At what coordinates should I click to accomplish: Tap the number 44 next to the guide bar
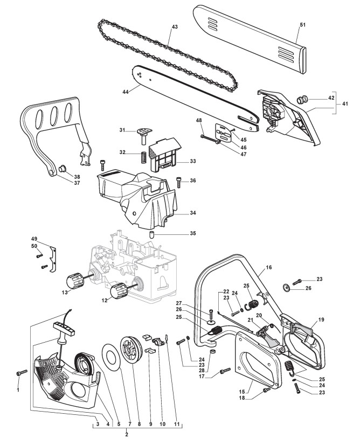tap(125, 92)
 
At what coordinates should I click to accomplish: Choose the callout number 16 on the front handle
tap(268, 267)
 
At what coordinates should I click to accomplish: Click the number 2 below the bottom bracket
tap(126, 434)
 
